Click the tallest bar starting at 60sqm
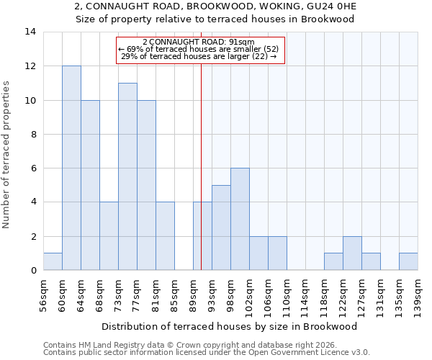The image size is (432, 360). point(71,168)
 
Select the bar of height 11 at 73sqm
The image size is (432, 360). point(127,176)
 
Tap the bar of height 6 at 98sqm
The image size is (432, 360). point(240,219)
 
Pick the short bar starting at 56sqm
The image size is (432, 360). point(53,262)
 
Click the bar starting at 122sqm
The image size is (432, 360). point(352,253)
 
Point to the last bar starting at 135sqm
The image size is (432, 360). point(408,262)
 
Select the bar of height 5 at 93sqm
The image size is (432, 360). point(221,228)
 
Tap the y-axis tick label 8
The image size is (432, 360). point(33,135)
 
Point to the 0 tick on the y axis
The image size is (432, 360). point(33,271)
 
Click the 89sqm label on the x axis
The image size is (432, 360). point(194,293)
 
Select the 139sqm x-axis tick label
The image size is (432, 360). point(418,295)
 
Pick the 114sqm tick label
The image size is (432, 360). point(306,295)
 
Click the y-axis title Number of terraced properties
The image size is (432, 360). point(7,155)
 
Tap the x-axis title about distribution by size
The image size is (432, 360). point(230,326)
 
